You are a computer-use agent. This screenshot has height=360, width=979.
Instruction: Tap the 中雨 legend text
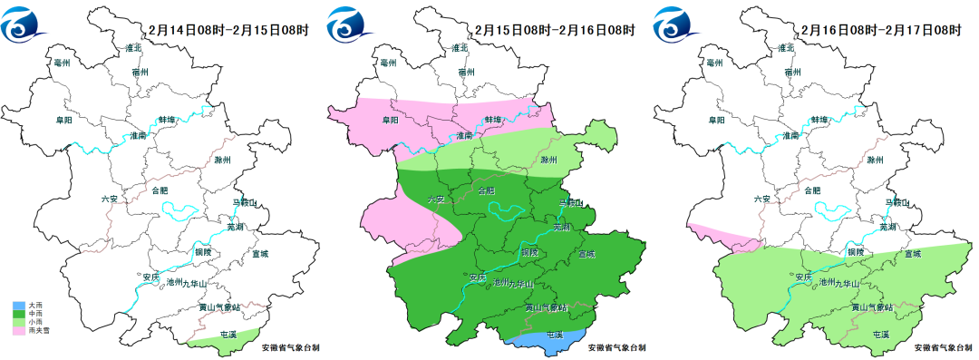coord(36,314)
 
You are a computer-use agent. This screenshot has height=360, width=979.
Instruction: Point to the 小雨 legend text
coord(36,322)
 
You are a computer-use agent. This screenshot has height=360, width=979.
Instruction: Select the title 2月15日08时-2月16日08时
coord(554,30)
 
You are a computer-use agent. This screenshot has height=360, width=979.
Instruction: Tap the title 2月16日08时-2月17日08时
coord(880,30)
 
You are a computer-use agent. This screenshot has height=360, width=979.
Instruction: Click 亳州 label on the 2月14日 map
coord(63,63)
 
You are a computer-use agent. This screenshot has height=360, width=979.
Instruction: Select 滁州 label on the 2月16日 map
coord(874,160)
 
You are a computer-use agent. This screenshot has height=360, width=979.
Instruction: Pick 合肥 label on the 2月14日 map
coord(159,190)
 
